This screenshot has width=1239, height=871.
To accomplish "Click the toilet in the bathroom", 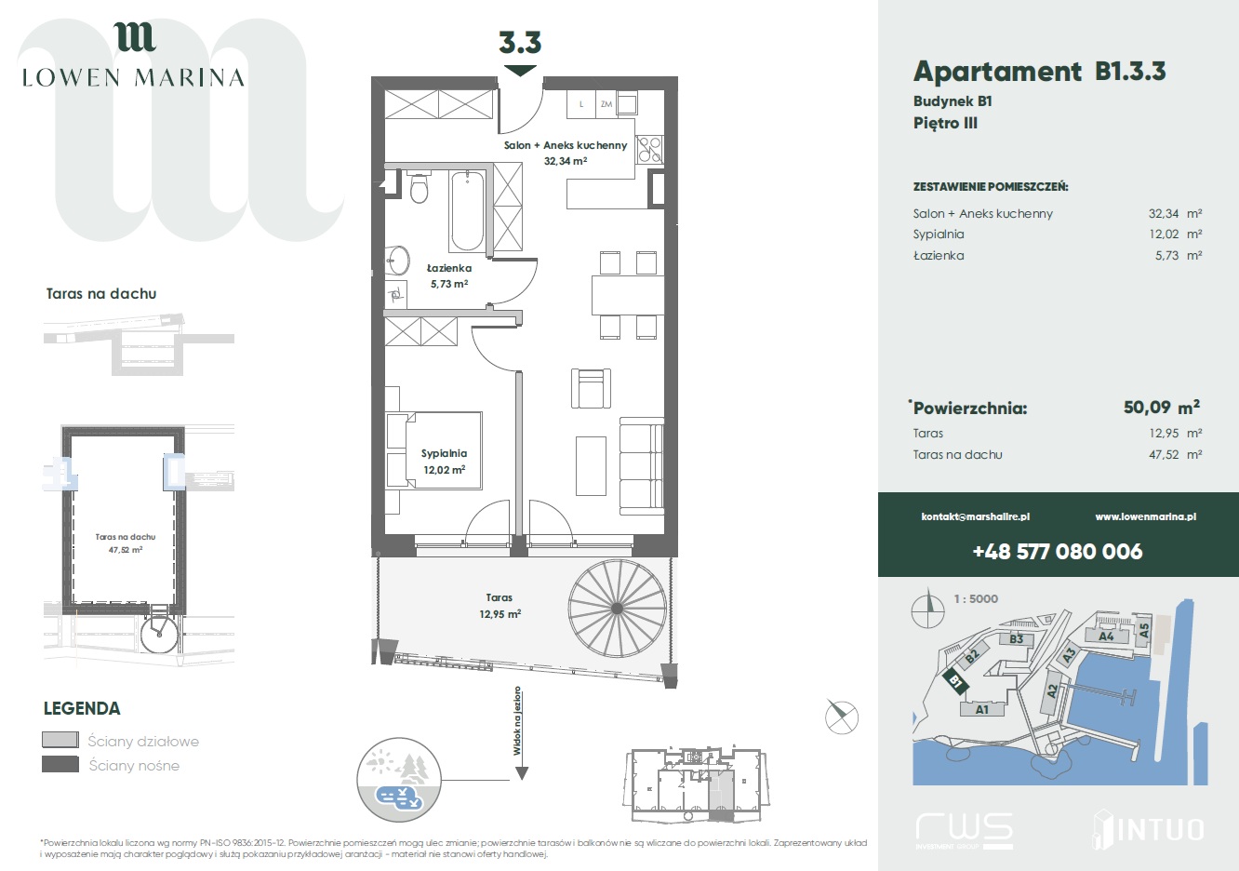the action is (x=419, y=188).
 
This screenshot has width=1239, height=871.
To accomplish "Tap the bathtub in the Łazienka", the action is (x=467, y=211).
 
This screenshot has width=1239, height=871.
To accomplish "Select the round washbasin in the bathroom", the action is (x=397, y=260).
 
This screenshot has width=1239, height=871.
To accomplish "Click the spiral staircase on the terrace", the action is (x=618, y=609).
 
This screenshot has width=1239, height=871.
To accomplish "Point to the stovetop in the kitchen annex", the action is (x=649, y=149).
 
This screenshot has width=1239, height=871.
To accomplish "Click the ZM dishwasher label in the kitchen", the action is (x=606, y=103).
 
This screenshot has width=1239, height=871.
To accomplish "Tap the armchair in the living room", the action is (x=592, y=388).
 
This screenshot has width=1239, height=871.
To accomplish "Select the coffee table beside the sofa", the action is (x=592, y=466).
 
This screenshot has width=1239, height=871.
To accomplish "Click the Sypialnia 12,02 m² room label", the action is (x=444, y=462).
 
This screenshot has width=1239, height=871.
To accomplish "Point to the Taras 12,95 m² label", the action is (x=500, y=606).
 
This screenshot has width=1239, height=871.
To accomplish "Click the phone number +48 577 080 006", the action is (x=1057, y=552).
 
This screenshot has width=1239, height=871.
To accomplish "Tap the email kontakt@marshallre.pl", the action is (x=976, y=516).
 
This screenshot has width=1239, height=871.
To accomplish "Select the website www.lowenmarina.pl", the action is (x=1146, y=516).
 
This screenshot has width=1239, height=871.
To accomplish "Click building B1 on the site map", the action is (x=956, y=681).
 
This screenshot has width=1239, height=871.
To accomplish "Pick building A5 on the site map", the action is (x=1143, y=630).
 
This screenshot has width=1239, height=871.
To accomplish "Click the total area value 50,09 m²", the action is (x=1162, y=408).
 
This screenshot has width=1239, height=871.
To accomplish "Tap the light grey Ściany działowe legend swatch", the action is (x=60, y=740).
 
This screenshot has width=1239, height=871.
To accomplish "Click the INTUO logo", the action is (x=1148, y=829).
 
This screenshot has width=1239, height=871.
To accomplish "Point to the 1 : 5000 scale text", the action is (x=976, y=598).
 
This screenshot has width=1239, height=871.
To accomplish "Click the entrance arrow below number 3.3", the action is (x=520, y=71).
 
